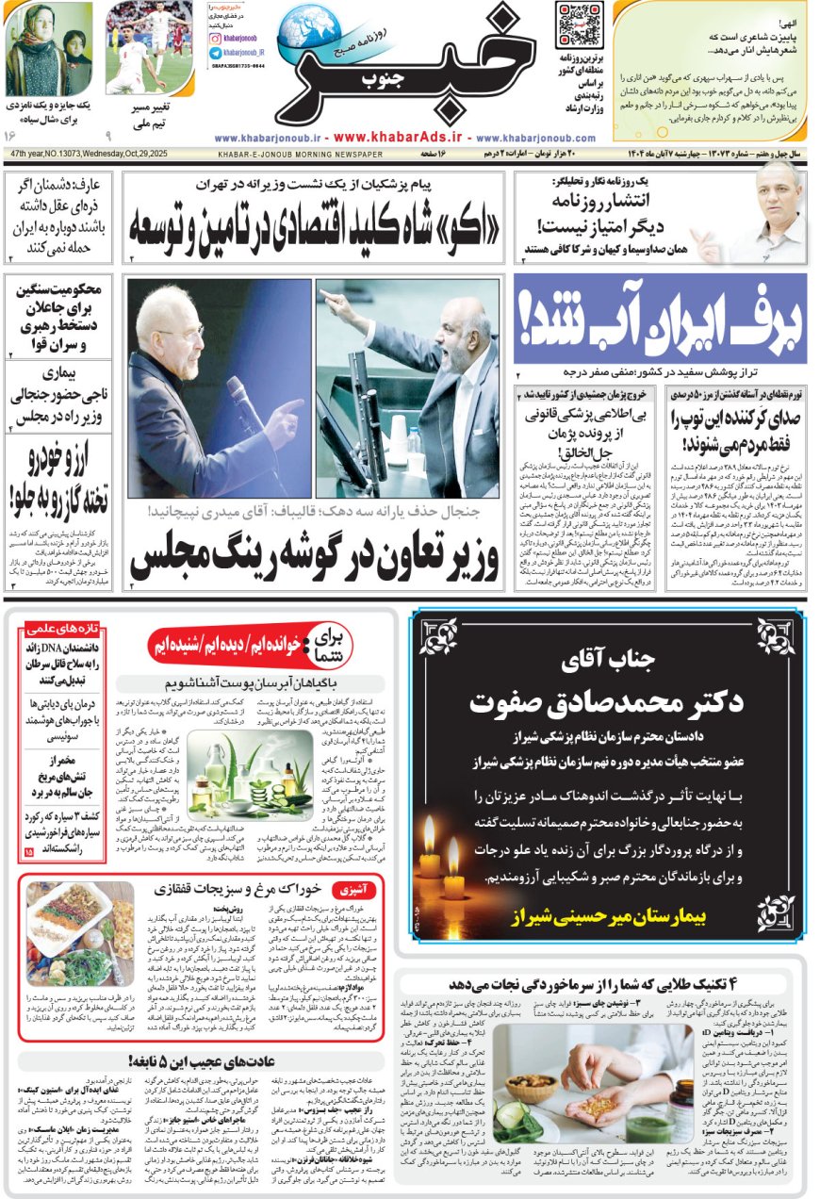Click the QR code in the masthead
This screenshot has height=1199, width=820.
click(579, 25)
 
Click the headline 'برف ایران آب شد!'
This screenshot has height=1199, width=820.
click(660, 320)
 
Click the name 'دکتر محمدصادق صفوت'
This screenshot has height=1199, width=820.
click(607, 702)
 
